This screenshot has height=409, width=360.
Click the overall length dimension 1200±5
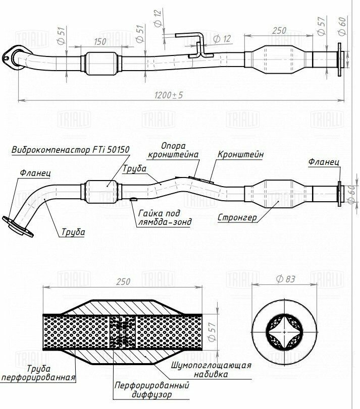[169, 95]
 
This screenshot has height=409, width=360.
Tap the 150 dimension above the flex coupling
[100, 41]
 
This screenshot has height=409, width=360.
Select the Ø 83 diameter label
[286, 279]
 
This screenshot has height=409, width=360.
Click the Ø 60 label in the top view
[342, 26]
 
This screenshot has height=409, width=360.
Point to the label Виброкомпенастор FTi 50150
[71, 150]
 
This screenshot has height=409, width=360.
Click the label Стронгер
[237, 217]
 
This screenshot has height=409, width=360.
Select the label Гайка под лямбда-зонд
[165, 217]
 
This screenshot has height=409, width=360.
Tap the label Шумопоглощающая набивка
[211, 370]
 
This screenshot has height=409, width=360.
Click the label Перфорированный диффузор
[151, 389]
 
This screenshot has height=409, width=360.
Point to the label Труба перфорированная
[38, 373]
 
